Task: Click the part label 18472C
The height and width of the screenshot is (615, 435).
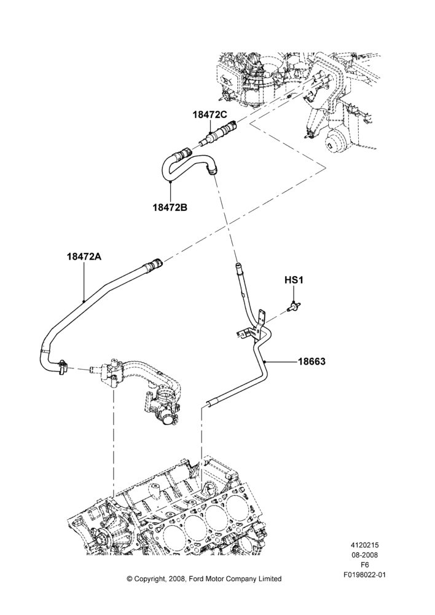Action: click(210, 114)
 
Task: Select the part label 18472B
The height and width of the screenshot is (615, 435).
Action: click(170, 207)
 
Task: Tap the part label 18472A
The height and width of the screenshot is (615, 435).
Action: click(84, 256)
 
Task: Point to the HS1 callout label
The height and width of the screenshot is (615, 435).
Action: click(294, 280)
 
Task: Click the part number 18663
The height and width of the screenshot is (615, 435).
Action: click(312, 361)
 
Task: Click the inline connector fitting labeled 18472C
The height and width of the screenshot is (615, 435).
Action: click(219, 133)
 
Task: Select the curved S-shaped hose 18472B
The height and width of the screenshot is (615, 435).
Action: click(187, 165)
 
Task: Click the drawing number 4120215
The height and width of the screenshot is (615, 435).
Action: click(364, 545)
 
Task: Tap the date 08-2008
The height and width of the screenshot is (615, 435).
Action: click(364, 555)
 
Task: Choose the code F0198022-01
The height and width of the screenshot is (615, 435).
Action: click(364, 574)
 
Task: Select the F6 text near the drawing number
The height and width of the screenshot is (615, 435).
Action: click(364, 565)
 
